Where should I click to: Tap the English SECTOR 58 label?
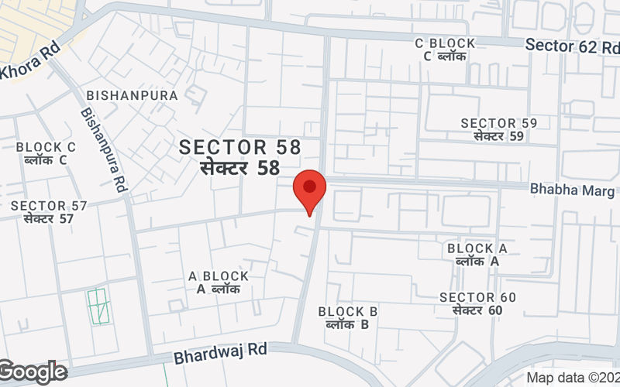point(239,147)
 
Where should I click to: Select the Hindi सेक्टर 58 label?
point(239,167)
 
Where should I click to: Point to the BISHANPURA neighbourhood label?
point(133,95)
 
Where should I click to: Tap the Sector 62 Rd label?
point(572,46)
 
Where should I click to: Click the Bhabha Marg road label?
point(572,190)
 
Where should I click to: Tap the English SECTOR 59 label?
point(499,123)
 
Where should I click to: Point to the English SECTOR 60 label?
point(477,297)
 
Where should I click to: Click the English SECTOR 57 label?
point(49,206)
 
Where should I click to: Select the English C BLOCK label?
point(445,43)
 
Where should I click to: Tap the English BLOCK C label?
point(46,147)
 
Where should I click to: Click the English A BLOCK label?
point(219,276)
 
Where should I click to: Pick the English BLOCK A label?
point(477,248)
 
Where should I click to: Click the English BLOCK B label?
point(348,312)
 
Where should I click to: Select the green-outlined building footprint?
point(98,307)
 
